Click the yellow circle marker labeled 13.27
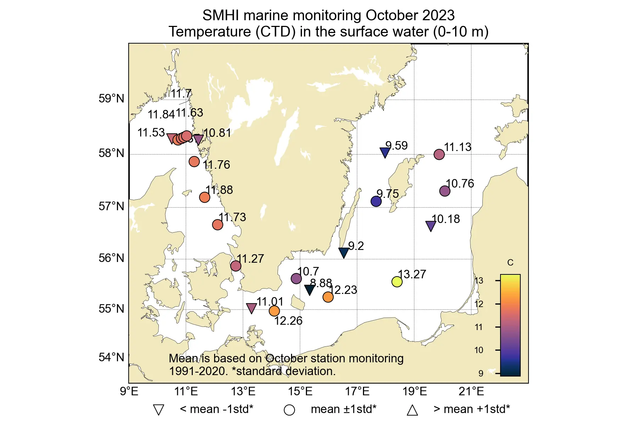pos(397,282)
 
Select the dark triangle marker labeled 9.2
pos(343,252)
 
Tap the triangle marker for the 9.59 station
pos(385,152)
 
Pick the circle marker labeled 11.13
pos(439,155)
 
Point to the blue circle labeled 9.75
pos(376,201)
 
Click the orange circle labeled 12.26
pos(274,311)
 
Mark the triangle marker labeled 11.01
pos(251,308)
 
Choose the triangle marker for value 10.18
pos(431,225)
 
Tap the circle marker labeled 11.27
pos(236,266)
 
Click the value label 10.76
pos(460,184)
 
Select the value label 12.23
pos(343,290)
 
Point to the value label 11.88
pos(219,190)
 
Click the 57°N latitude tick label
pos(111,206)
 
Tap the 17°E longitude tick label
pos(357,392)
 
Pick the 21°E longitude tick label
pos(471,392)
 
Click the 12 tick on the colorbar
pos(479,304)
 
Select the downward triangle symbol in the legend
pos(158,410)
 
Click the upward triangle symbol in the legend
pos(412,410)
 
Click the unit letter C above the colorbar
pos(510,263)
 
